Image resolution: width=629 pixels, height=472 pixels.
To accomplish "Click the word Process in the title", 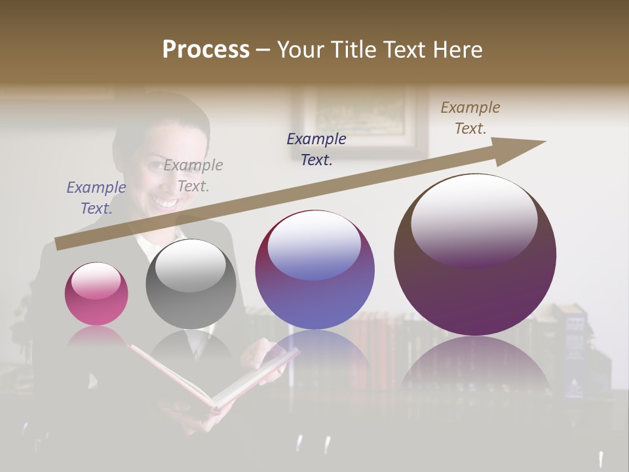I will [206, 50].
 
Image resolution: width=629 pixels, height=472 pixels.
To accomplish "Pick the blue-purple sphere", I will [314, 269].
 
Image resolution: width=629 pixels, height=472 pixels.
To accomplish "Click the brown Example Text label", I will [470, 118].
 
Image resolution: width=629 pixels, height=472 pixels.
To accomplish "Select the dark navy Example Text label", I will [316, 149].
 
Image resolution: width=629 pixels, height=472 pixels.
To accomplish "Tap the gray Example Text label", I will [193, 175].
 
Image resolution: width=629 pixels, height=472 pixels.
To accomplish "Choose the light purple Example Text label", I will [96, 197].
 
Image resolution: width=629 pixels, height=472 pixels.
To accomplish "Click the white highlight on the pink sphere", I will [96, 281].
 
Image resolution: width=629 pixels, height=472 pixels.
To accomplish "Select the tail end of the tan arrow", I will [61, 244].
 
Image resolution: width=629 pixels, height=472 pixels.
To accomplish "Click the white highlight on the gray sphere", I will [191, 266].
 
